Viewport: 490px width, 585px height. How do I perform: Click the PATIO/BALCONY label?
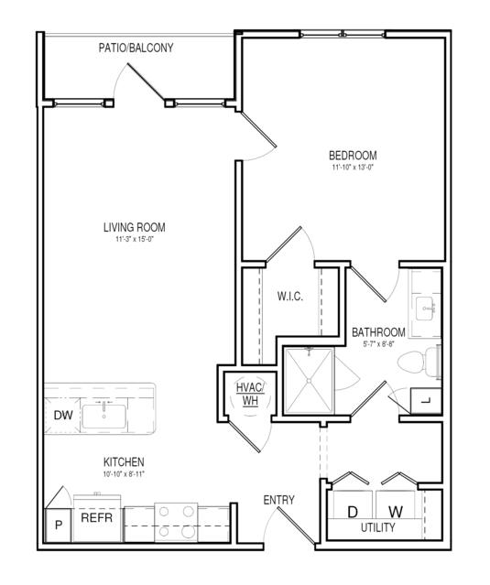coord(136,48)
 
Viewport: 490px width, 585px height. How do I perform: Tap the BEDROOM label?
coord(353,156)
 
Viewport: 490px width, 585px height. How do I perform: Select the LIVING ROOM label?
coord(135,227)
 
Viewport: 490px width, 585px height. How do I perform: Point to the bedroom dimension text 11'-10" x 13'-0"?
coord(353,168)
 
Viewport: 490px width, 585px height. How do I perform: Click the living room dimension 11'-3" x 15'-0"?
coord(135,239)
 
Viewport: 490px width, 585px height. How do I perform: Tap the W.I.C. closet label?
coord(290,297)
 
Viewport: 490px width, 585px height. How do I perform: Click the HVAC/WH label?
coord(250,394)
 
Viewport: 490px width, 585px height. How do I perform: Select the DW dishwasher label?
coord(63,416)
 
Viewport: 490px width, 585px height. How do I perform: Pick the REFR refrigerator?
coord(97,518)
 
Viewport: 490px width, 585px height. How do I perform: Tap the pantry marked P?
coord(59,525)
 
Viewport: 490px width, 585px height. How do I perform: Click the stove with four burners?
coord(176,522)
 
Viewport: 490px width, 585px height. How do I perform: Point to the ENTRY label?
coord(278,500)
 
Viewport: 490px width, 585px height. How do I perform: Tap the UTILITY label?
coord(377,527)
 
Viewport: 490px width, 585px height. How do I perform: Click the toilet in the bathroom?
coord(417,362)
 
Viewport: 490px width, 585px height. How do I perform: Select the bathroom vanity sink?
coord(425,309)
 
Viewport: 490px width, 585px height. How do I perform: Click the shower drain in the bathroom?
coord(309,381)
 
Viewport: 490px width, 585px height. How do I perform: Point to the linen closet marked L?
coord(426,401)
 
